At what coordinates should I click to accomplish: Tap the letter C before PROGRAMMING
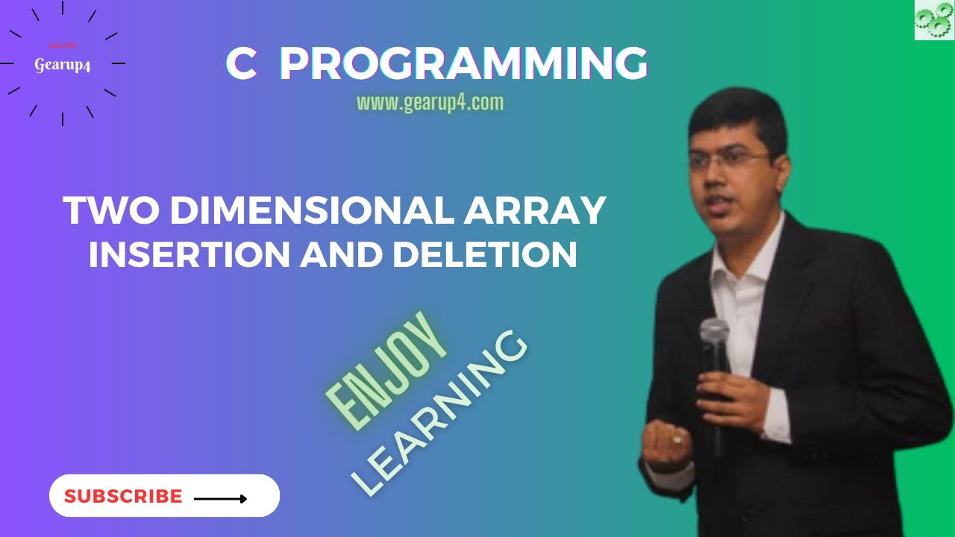point(241,64)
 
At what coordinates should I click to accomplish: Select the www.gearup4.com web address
point(430,102)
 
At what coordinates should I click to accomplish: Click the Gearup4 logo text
point(63,66)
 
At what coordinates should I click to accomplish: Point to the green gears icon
point(934,20)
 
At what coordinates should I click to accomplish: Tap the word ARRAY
point(534,211)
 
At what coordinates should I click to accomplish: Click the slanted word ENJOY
point(387,371)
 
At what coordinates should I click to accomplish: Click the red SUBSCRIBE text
point(123,497)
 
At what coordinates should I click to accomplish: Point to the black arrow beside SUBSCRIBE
point(220,498)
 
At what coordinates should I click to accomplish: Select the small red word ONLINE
point(63,45)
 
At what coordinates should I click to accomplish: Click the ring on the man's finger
point(677,439)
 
